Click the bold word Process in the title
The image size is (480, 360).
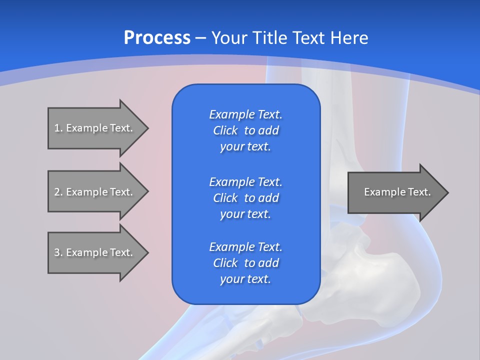(157, 38)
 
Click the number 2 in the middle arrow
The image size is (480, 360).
(57, 192)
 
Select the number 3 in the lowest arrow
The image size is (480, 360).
(57, 252)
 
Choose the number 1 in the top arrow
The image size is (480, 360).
(57, 128)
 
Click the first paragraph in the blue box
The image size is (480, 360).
(245, 130)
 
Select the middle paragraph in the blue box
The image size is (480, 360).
(245, 198)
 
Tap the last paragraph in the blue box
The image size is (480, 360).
(245, 263)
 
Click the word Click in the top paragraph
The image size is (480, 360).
(225, 130)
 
